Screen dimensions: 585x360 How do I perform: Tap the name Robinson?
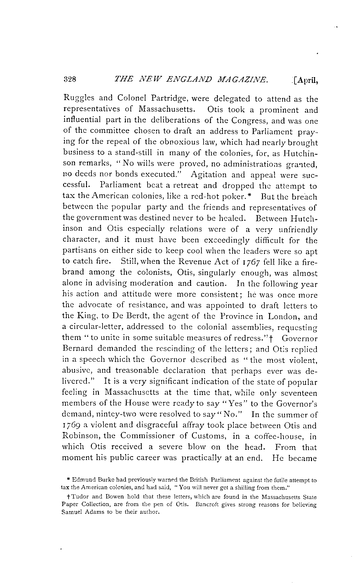tap(80, 436)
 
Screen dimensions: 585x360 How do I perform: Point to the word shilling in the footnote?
tap(246, 486)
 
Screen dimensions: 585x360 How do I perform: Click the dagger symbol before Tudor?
tap(63, 497)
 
